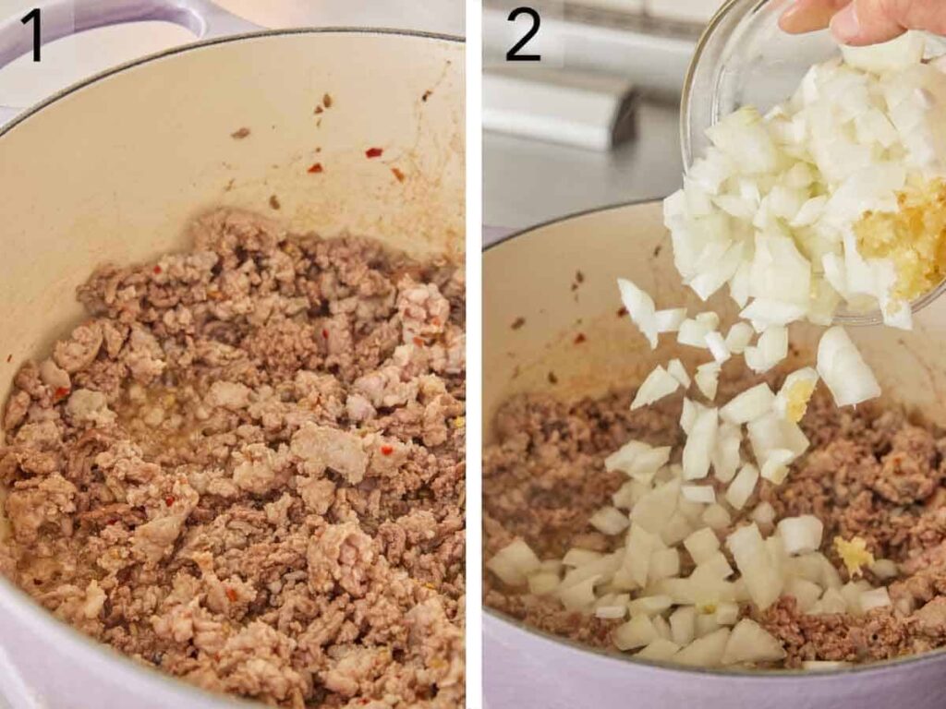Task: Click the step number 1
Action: pyautogui.click(x=32, y=36)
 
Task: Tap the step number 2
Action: pyautogui.click(x=523, y=36)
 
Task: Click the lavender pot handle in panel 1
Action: pyautogui.click(x=111, y=13)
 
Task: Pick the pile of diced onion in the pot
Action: pyautogui.click(x=674, y=582)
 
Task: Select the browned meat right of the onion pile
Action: pyautogui.click(x=887, y=480)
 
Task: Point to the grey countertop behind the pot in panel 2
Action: pyautogui.click(x=573, y=185)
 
